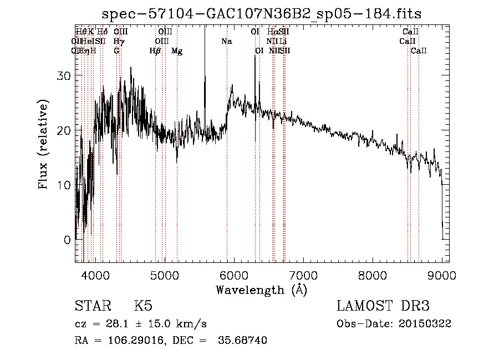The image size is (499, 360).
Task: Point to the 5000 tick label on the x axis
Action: [x=164, y=275]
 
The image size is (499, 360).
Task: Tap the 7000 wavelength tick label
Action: [x=303, y=275]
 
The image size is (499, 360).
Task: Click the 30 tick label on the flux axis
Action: [x=64, y=77]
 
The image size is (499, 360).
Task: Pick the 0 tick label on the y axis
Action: [x=68, y=240]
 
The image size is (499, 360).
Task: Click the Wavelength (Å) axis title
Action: [x=261, y=290]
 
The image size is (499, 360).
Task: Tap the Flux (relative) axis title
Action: [x=44, y=145]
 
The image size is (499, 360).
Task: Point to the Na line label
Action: [x=226, y=42]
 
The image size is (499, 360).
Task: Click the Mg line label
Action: [x=177, y=51]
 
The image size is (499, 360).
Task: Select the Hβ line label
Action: [x=155, y=51]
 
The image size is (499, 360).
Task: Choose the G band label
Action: [x=116, y=51]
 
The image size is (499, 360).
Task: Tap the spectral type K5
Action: [x=143, y=307]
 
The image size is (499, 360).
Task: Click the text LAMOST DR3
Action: [x=383, y=307]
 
